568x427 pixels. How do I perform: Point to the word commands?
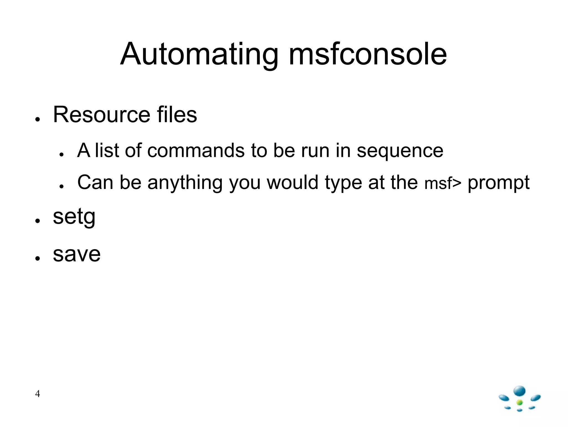(196, 151)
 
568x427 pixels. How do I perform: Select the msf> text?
(443, 184)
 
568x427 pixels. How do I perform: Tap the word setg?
(74, 217)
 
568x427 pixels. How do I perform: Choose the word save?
(77, 254)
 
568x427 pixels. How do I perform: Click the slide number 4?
(37, 394)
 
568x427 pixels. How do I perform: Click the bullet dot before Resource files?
(38, 119)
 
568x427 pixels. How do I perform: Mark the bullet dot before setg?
(38, 221)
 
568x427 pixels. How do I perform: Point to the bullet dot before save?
(38, 258)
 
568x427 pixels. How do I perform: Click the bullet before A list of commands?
(62, 154)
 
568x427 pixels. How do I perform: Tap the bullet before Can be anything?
(62, 186)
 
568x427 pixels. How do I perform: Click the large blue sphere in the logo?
(519, 391)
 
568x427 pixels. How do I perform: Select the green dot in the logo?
(520, 403)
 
